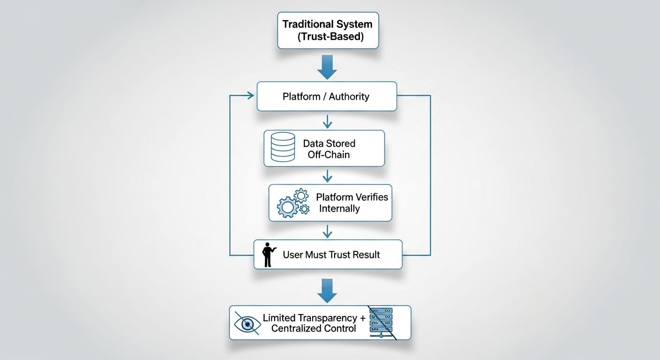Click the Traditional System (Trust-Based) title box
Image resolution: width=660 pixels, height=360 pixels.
coord(328,30)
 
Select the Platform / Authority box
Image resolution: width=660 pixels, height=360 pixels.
coord(327,97)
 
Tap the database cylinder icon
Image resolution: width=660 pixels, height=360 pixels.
coord(283,147)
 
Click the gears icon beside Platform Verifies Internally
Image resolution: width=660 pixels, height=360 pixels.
coord(293,203)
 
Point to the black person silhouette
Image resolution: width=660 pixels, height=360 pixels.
coord(269,255)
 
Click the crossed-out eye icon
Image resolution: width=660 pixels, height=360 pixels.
coord(247,323)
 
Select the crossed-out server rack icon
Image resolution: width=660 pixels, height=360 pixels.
coord(382,322)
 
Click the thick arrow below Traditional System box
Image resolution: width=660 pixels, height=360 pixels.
coord(327,67)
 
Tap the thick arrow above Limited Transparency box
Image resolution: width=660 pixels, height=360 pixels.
coord(327,291)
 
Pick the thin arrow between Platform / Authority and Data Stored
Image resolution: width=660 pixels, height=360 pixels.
coord(327,121)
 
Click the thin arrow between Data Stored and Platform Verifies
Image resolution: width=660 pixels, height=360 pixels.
coord(327,176)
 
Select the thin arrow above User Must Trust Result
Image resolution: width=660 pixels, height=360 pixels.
coord(327,232)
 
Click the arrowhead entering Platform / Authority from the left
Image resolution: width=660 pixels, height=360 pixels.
coord(251,96)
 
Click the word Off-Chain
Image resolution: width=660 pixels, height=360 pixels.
coord(329,155)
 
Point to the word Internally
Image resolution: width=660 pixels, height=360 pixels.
coord(339,209)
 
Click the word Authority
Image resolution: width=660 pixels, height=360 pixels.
coord(349,97)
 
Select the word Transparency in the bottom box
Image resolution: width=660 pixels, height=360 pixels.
coord(327,318)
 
